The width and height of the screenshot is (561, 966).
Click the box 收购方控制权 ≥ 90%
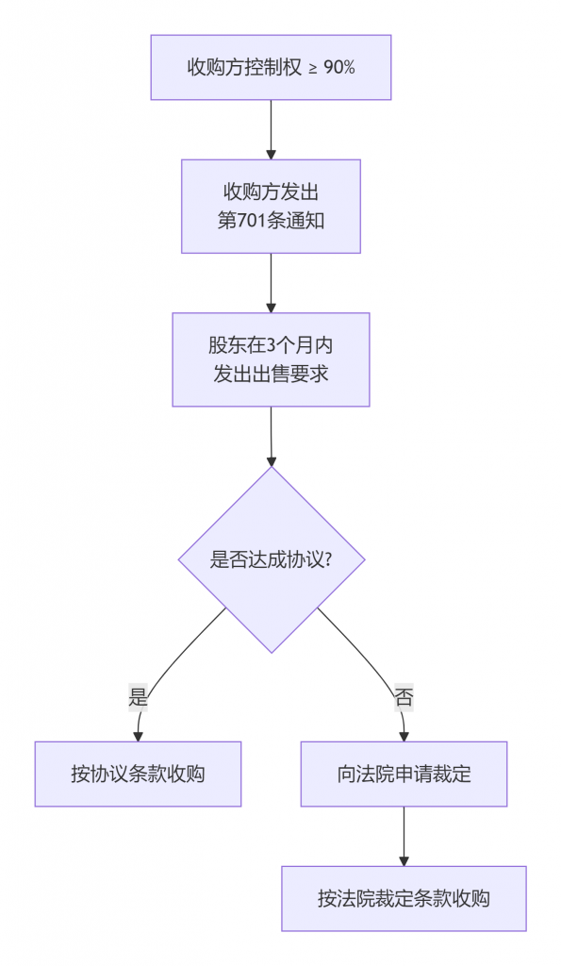[x=271, y=67]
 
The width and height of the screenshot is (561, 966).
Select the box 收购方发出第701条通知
[x=271, y=206]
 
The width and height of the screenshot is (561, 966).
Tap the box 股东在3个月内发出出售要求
[x=271, y=359]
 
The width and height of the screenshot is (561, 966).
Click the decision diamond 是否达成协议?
[x=271, y=559]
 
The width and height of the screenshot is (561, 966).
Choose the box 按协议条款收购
[x=138, y=774]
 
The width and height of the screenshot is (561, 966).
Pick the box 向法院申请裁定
[x=404, y=774]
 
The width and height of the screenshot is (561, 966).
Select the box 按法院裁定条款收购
[x=404, y=898]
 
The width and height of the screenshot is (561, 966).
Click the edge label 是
[x=139, y=698]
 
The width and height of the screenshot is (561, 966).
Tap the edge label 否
[x=404, y=698]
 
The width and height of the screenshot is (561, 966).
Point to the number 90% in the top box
[x=338, y=67]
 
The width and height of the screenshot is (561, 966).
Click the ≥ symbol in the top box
[x=312, y=68]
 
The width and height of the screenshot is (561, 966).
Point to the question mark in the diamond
[x=329, y=559]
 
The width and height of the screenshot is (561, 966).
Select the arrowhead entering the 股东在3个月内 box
[x=271, y=307]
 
